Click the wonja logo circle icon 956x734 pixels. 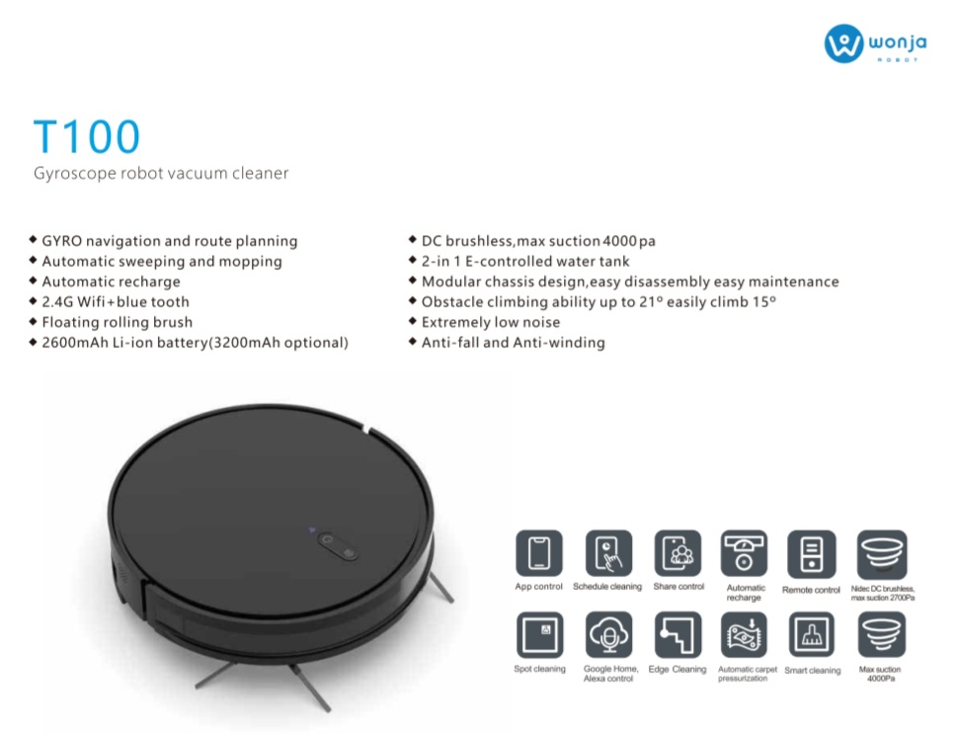click(843, 43)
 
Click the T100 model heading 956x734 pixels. click(87, 136)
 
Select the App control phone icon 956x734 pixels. click(539, 553)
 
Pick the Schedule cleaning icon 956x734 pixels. click(607, 553)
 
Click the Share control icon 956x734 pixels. click(677, 553)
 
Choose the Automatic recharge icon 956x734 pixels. click(744, 553)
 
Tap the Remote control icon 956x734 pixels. click(811, 554)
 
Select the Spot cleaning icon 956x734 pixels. click(539, 634)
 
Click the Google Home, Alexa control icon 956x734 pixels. click(608, 634)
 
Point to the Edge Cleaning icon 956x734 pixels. click(677, 634)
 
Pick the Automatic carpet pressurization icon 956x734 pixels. click(744, 635)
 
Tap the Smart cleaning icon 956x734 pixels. click(812, 635)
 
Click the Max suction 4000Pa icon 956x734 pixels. click(882, 635)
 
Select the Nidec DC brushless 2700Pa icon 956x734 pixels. click(882, 554)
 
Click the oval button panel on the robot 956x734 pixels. click(338, 545)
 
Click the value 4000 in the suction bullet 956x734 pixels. click(620, 241)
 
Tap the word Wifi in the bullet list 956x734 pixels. click(91, 301)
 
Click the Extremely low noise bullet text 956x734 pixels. click(491, 322)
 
